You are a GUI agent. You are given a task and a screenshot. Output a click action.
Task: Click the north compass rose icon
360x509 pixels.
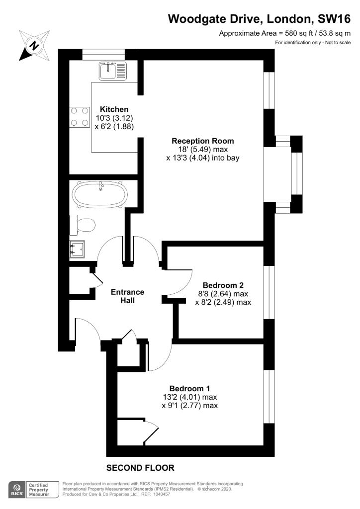pos(34,45)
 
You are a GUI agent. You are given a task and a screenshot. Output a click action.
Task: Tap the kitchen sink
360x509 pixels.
pos(113,71)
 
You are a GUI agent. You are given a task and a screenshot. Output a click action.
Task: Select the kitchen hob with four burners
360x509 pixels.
pos(80,117)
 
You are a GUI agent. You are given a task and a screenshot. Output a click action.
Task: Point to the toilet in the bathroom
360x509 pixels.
pos(83,225)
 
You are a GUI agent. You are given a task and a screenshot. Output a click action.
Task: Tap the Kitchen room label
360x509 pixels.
pos(114,109)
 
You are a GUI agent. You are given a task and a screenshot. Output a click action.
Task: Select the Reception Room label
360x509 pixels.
pos(202,141)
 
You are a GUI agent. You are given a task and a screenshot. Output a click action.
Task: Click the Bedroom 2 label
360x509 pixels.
pos(223,285)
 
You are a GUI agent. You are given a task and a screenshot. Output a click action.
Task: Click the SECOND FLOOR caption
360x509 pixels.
pos(141,468)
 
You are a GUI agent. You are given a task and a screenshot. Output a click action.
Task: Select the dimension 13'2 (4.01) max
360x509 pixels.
pos(189,397)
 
